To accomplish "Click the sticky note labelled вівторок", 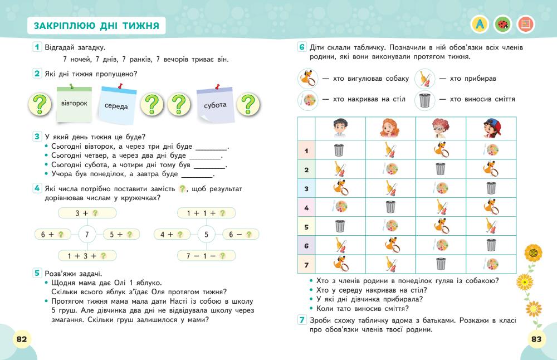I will (x=74, y=104).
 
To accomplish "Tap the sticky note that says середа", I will (x=116, y=105).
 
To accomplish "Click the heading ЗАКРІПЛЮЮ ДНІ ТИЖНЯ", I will (x=96, y=26).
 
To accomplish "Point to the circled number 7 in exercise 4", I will (x=87, y=235).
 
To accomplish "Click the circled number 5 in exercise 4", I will (x=206, y=235).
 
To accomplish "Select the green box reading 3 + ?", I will (x=86, y=213).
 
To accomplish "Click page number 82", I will (x=22, y=339).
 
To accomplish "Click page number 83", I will (x=536, y=339).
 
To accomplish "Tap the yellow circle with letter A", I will (x=479, y=24).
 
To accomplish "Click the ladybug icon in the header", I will (x=502, y=24).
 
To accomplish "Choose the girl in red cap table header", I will (x=491, y=129).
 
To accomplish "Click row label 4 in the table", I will (x=306, y=207).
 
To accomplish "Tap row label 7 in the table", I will (x=306, y=264).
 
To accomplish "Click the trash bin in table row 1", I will (x=340, y=150).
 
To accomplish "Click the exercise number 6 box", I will (x=302, y=47).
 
